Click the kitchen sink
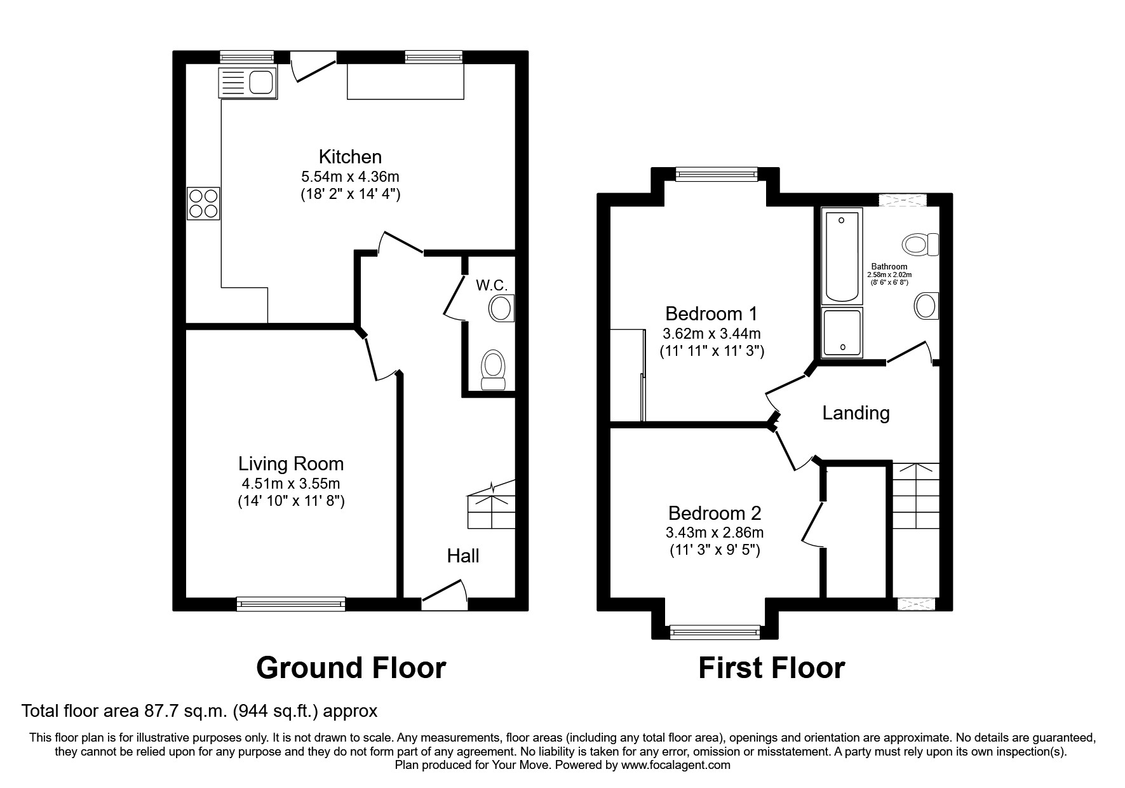point(247,83)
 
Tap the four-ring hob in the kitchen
point(203,203)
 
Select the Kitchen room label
point(350,156)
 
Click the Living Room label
point(291,464)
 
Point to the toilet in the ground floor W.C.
point(494,370)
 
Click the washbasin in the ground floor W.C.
point(501,309)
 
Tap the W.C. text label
point(492,285)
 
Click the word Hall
point(462,556)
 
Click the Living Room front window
point(291,604)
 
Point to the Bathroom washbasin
point(926,306)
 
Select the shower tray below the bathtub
point(842,332)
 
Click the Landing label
point(856,413)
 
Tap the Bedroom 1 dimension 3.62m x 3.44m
point(711,333)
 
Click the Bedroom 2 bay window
point(715,632)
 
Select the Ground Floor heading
point(351,668)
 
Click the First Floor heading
point(772,668)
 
